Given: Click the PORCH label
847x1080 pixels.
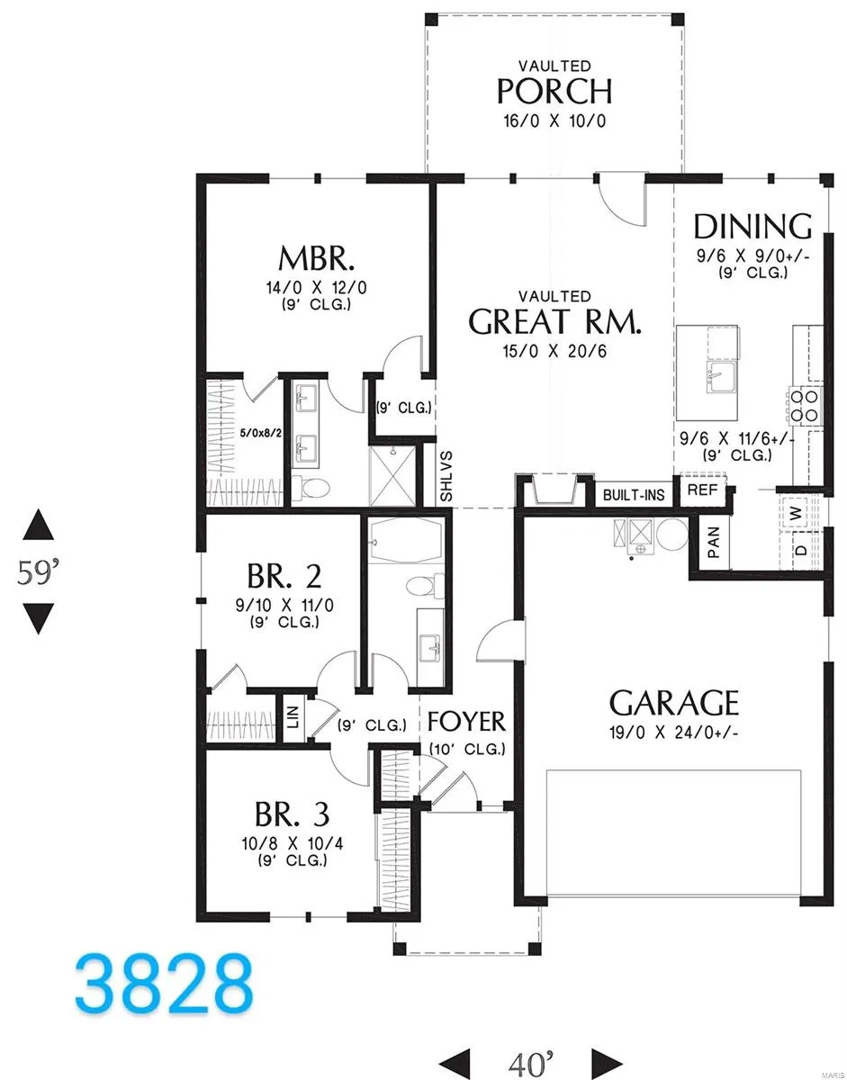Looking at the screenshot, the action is (554, 91).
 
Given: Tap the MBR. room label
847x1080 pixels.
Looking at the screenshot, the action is (316, 258).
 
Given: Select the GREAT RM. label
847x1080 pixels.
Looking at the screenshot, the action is (554, 321).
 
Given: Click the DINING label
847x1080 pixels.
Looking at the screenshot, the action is (752, 226).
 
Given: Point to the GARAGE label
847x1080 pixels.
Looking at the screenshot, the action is (673, 703).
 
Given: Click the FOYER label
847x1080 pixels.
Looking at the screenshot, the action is (466, 722).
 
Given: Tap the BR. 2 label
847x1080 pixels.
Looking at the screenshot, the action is (284, 576).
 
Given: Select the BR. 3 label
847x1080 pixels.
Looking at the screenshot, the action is (293, 814).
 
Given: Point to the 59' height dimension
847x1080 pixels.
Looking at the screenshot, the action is (38, 572).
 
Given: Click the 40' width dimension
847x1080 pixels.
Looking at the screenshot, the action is (530, 1062).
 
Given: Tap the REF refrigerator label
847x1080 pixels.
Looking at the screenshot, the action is (703, 490).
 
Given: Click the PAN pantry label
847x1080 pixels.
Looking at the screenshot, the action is (713, 542).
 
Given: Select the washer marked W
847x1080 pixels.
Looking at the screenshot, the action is (796, 513).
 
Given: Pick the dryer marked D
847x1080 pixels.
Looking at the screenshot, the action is (801, 550).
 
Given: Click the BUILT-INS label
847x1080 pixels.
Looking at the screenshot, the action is (634, 495).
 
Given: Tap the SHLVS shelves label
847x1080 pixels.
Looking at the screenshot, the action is (446, 476).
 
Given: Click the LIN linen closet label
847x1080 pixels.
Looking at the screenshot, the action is (293, 716).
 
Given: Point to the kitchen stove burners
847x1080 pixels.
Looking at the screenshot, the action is (805, 406).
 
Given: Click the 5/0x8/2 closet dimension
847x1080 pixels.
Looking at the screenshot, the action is (260, 433).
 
